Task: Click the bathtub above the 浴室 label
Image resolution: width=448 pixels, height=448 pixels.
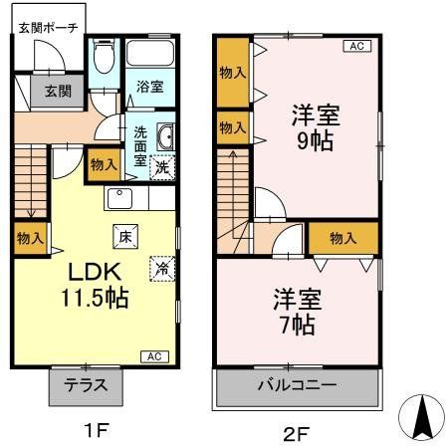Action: point(151,56)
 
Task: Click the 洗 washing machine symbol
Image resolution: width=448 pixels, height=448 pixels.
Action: point(161,168)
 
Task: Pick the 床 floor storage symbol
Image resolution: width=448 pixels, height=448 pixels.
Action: point(125,237)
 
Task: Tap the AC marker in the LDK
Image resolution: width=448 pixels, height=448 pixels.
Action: point(156,355)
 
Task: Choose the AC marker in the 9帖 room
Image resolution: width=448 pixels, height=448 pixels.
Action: point(355,46)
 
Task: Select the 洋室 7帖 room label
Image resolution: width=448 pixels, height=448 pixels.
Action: point(296,310)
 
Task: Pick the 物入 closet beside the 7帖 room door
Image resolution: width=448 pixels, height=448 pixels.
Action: point(341,238)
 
